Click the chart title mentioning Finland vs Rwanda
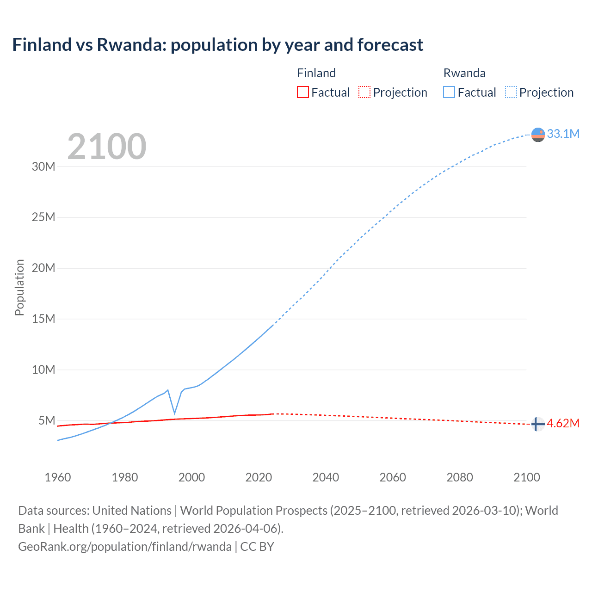(x=217, y=45)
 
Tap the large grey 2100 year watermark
(x=107, y=147)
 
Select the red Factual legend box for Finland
(x=302, y=92)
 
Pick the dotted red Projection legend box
(x=364, y=92)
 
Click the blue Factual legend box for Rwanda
(x=449, y=92)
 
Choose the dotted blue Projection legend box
(x=511, y=92)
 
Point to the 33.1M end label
(x=563, y=134)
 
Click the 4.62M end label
(x=563, y=423)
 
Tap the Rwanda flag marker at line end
(x=538, y=135)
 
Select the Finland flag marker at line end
(x=537, y=424)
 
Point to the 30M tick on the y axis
(x=43, y=166)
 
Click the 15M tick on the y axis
(x=43, y=319)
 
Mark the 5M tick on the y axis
(x=47, y=420)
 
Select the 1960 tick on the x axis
(x=58, y=477)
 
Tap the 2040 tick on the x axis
(x=326, y=477)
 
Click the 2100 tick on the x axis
(x=526, y=477)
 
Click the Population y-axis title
(x=19, y=287)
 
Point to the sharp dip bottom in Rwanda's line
(x=174, y=413)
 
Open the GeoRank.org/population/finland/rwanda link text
(x=125, y=547)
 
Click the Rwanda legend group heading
(x=464, y=73)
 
